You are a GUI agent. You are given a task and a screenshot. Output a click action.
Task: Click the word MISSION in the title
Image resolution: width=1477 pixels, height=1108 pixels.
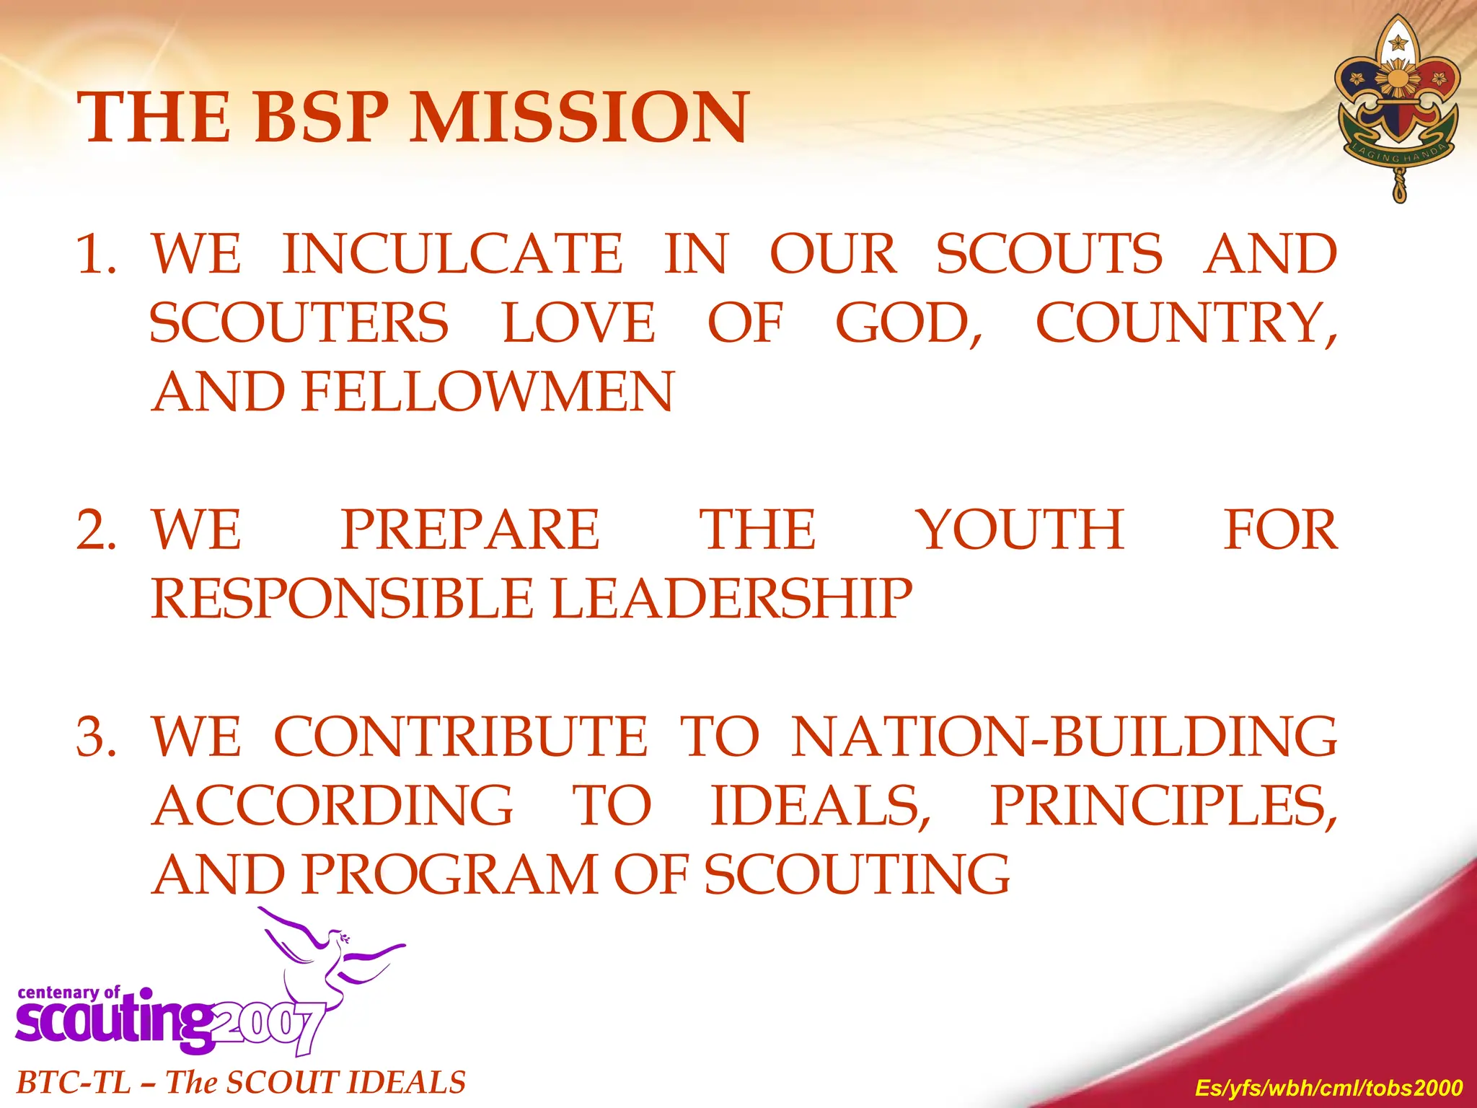click(579, 118)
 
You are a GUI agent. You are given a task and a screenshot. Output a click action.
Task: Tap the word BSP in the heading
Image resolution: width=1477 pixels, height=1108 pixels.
click(321, 118)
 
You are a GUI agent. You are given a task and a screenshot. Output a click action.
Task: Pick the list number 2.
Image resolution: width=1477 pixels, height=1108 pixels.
click(97, 530)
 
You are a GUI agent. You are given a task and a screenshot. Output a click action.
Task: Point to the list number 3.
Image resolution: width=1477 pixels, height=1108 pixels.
click(97, 737)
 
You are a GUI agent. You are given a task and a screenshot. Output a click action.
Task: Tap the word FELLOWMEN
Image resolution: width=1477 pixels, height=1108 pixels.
click(488, 392)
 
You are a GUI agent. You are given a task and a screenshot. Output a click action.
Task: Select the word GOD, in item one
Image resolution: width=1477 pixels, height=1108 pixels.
click(909, 323)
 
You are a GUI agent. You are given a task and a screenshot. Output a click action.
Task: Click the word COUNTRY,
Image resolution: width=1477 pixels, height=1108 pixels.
click(1186, 323)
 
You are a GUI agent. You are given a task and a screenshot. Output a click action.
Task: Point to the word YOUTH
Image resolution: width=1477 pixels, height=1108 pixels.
click(1020, 530)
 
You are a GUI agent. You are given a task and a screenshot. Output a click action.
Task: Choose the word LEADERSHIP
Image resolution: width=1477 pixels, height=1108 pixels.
click(732, 599)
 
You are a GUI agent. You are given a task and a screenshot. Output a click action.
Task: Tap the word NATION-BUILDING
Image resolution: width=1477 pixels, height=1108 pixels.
click(1064, 737)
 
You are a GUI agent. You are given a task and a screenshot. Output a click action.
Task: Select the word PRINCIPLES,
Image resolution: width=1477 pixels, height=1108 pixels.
click(1163, 806)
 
